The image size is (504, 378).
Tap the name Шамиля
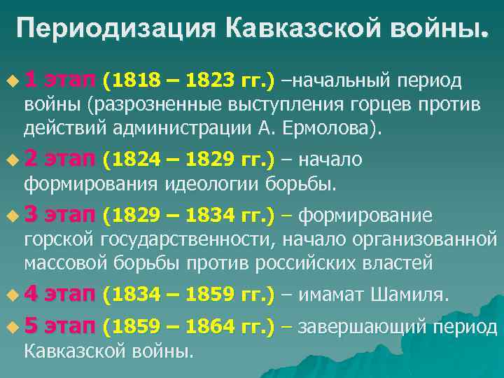click(409, 295)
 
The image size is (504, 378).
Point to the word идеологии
click(214, 184)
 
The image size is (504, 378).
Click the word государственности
click(190, 239)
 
